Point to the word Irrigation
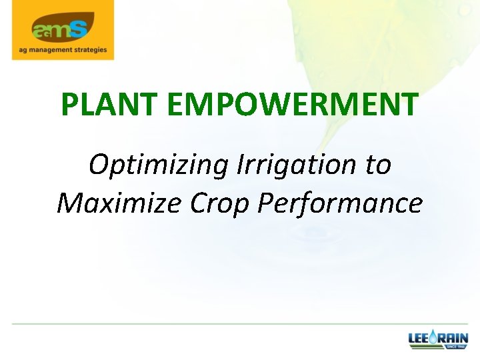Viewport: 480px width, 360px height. [x=297, y=163]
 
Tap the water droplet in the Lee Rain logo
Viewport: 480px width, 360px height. [x=433, y=339]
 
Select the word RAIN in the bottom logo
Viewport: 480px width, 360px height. [x=454, y=338]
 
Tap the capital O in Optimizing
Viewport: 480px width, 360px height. [x=99, y=164]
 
